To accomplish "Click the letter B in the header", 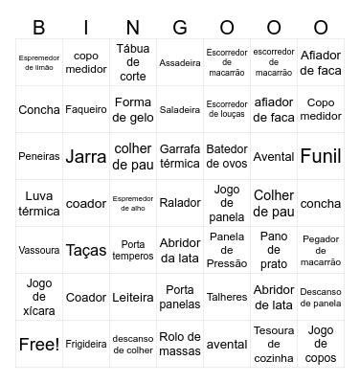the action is coord(39,27).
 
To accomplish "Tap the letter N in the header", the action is coord(133,27).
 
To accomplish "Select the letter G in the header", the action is coord(180,27).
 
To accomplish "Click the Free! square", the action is coord(39,344).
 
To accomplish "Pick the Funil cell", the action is coord(321,156).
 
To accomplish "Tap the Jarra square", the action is coord(86,156).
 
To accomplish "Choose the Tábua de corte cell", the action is coord(133,62).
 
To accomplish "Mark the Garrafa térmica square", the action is coord(180,156).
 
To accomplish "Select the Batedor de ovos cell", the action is coord(227,156).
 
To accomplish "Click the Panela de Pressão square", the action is coord(227,250).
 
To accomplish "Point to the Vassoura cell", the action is coord(39,250).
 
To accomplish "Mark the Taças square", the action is coord(86,250).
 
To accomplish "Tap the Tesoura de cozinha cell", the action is coord(274,344).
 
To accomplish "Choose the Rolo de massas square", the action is coord(180,344).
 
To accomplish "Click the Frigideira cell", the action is coord(86,344).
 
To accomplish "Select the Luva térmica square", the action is coord(39,203).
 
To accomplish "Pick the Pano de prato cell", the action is coord(274,250).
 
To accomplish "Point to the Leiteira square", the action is coord(133,297).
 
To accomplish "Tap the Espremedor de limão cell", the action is coord(39,62).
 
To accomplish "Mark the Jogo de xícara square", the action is coord(39,297).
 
